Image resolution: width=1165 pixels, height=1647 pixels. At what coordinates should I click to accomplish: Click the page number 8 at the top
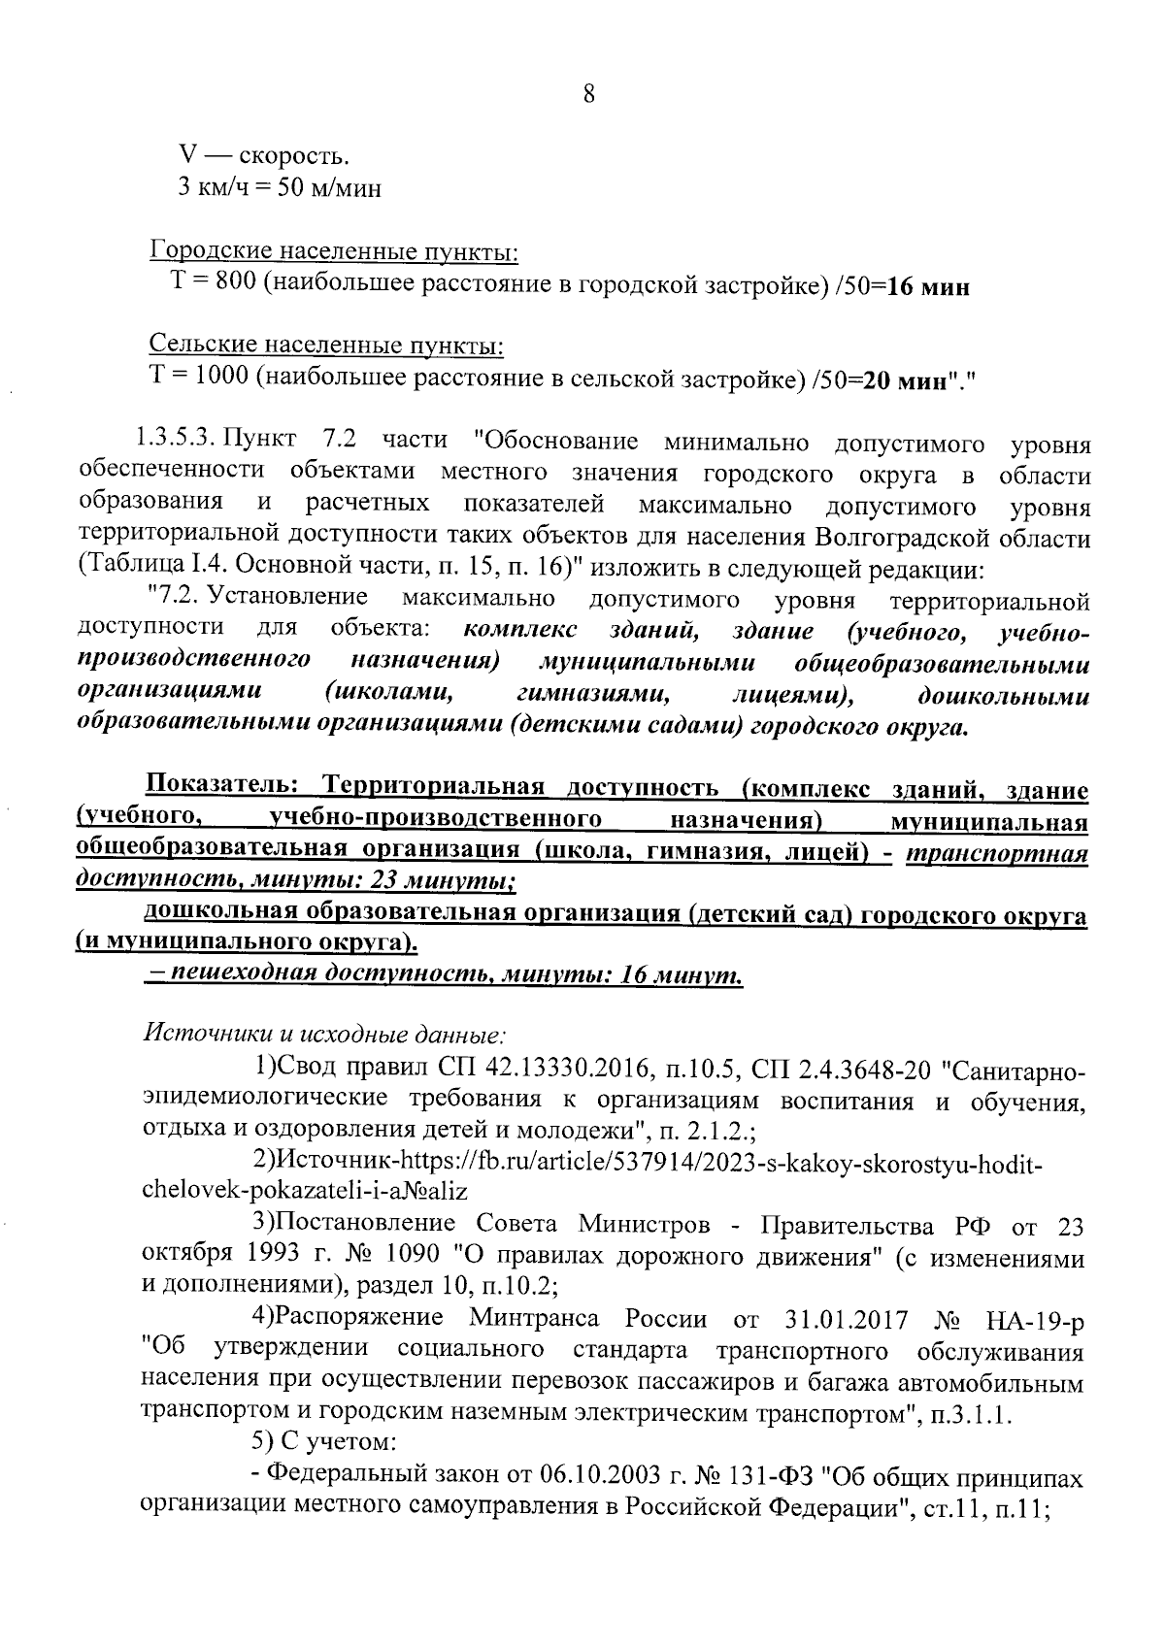coord(587,95)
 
